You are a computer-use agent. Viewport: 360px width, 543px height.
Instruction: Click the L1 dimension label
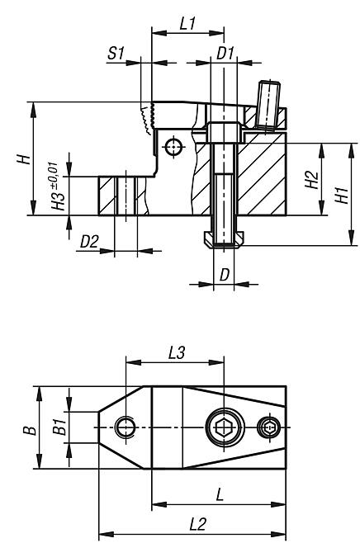(187, 26)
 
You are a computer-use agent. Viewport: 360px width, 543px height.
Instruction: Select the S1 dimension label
(116, 54)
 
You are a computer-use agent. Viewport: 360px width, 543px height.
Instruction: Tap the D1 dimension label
(225, 54)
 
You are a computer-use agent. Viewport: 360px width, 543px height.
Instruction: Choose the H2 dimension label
(310, 180)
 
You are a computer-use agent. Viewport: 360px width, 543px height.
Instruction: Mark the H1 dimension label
(341, 194)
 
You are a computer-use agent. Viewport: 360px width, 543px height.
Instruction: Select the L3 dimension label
(175, 352)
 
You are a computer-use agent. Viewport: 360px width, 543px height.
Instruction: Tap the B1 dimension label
(59, 427)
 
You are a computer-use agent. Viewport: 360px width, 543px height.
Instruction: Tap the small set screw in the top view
(268, 427)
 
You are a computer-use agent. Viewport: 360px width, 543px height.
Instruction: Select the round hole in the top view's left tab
(126, 427)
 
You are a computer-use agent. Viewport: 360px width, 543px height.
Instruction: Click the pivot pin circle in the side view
(172, 147)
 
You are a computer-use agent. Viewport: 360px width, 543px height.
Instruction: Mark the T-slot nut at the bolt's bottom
(223, 238)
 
